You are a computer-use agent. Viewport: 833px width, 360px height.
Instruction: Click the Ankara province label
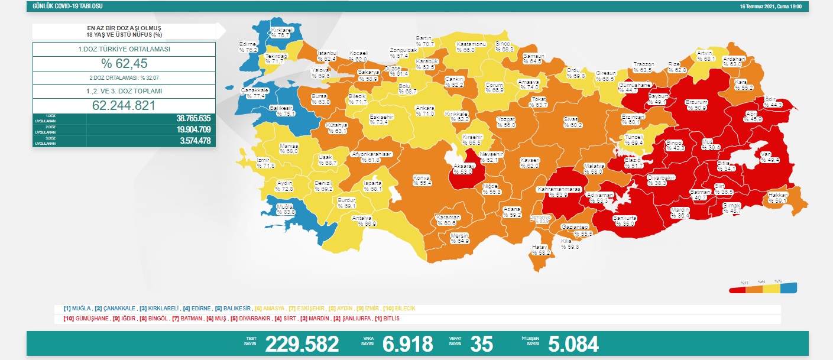(426, 111)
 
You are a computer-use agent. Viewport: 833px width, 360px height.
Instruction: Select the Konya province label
(422, 180)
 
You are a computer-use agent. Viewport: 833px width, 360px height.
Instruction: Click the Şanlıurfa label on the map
(621, 220)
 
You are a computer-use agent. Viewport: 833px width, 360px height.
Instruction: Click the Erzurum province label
(696, 105)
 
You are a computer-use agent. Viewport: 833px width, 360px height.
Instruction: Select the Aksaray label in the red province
(464, 168)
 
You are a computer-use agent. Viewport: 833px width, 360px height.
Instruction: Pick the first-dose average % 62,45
(124, 64)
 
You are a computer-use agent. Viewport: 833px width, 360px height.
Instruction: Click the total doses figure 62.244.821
(124, 106)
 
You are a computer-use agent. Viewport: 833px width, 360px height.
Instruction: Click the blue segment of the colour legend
(788, 289)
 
